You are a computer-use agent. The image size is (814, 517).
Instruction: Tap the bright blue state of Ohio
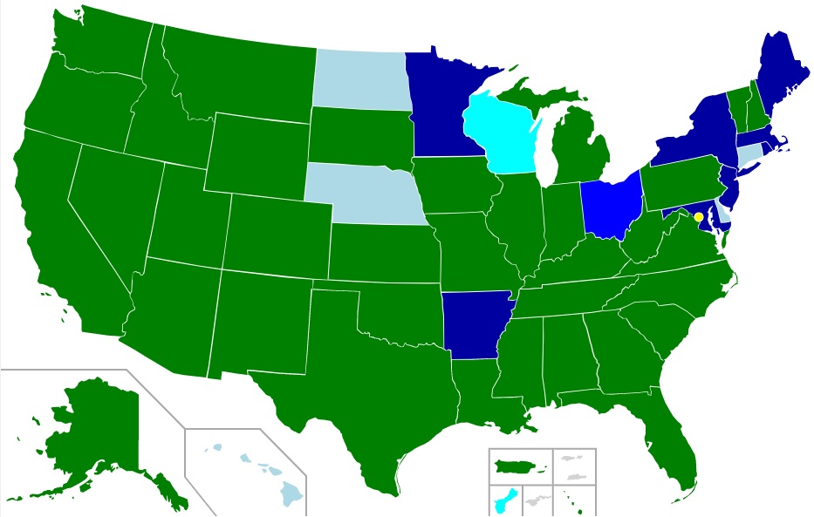coord(611,205)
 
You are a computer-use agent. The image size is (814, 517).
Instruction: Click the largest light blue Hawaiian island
coord(291,494)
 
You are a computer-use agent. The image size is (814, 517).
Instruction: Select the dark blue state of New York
coord(698,131)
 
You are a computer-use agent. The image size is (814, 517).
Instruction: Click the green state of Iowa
coord(454,187)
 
